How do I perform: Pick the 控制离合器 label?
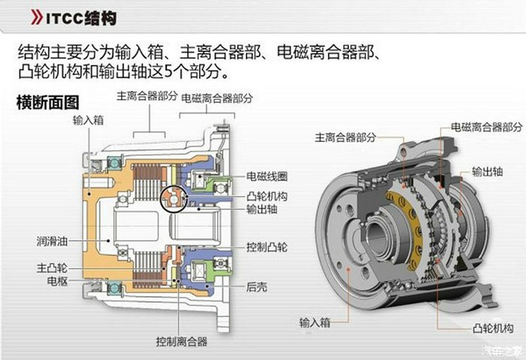(x=181, y=340)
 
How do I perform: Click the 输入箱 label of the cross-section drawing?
(x=88, y=119)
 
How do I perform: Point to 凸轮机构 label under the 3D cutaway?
(x=493, y=328)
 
